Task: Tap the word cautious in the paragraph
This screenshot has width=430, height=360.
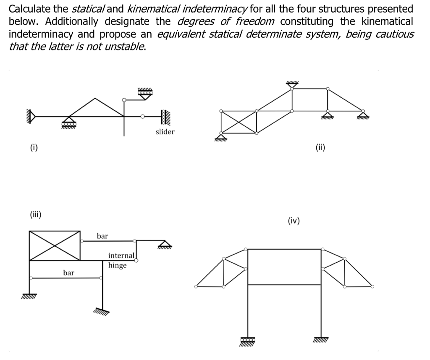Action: [393, 34]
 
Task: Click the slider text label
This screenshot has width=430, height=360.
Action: [165, 132]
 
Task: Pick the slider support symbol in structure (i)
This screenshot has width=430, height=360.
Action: [164, 117]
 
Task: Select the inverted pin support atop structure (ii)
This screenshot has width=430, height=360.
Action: [292, 84]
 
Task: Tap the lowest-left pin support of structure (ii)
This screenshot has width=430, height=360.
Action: [220, 137]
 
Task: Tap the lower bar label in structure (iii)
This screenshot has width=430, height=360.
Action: [69, 273]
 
